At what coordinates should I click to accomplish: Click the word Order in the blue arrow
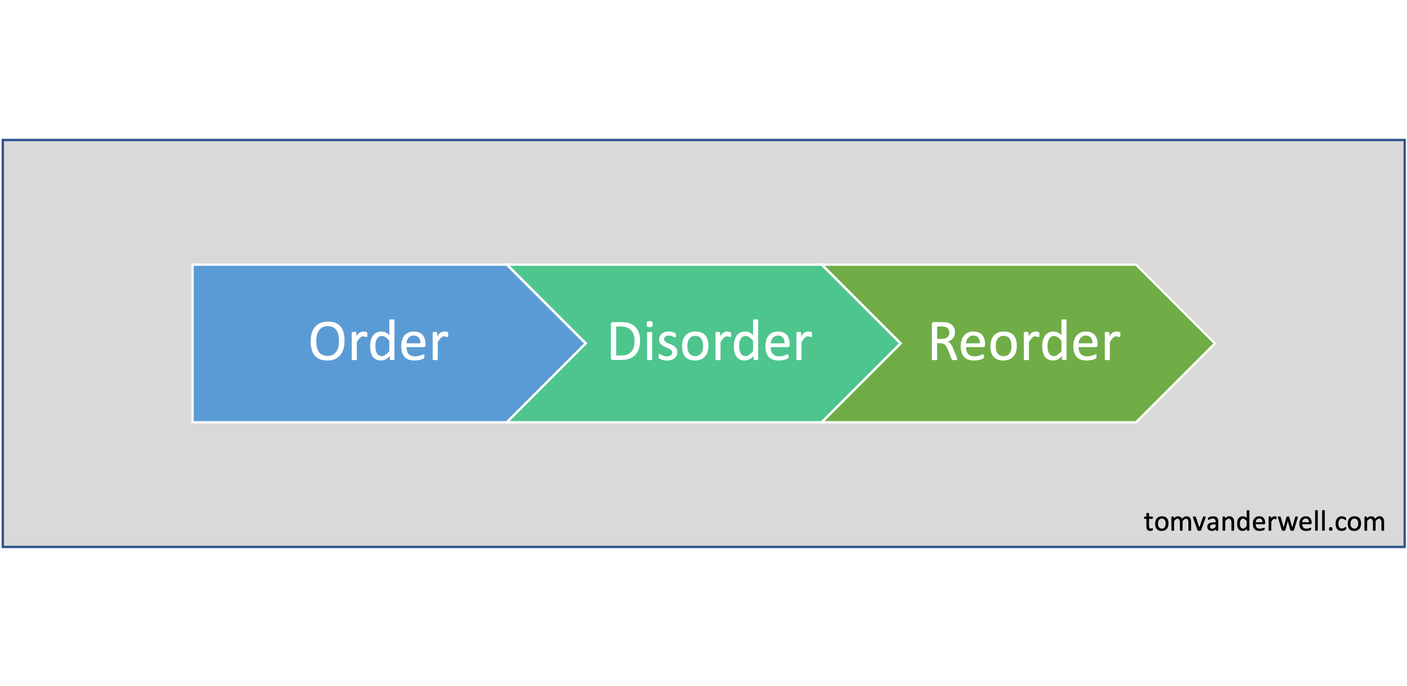coord(379,342)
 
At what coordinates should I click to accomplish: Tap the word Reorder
coord(1024,342)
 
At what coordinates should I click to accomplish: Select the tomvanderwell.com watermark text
coord(1264,522)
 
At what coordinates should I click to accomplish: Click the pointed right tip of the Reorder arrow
coord(1214,344)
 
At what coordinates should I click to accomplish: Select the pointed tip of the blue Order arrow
coord(585,344)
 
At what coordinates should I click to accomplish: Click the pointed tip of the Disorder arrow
coord(900,344)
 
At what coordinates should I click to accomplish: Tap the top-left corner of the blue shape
coord(193,266)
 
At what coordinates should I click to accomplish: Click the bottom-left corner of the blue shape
coord(193,421)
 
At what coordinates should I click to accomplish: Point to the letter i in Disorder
coord(649,341)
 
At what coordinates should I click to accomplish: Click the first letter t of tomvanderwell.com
coord(1149,522)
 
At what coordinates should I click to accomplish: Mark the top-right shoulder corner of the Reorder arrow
coord(1135,266)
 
